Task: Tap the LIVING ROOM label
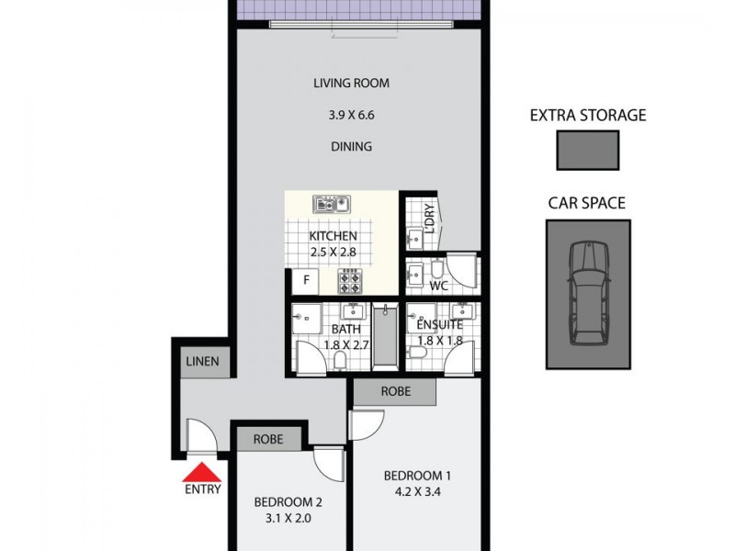coord(352,84)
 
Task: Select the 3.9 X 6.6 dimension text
coord(352,116)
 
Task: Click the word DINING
coord(352,146)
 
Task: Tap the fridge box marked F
coord(305,279)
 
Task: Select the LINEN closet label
coord(202,361)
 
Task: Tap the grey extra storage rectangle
coord(587,150)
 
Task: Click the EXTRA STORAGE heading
coord(588,116)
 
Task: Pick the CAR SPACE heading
coord(587,203)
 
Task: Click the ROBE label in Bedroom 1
coord(396,392)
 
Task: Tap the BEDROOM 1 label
coord(417,476)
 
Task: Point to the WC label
coord(439,287)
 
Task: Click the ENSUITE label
coord(438,325)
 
